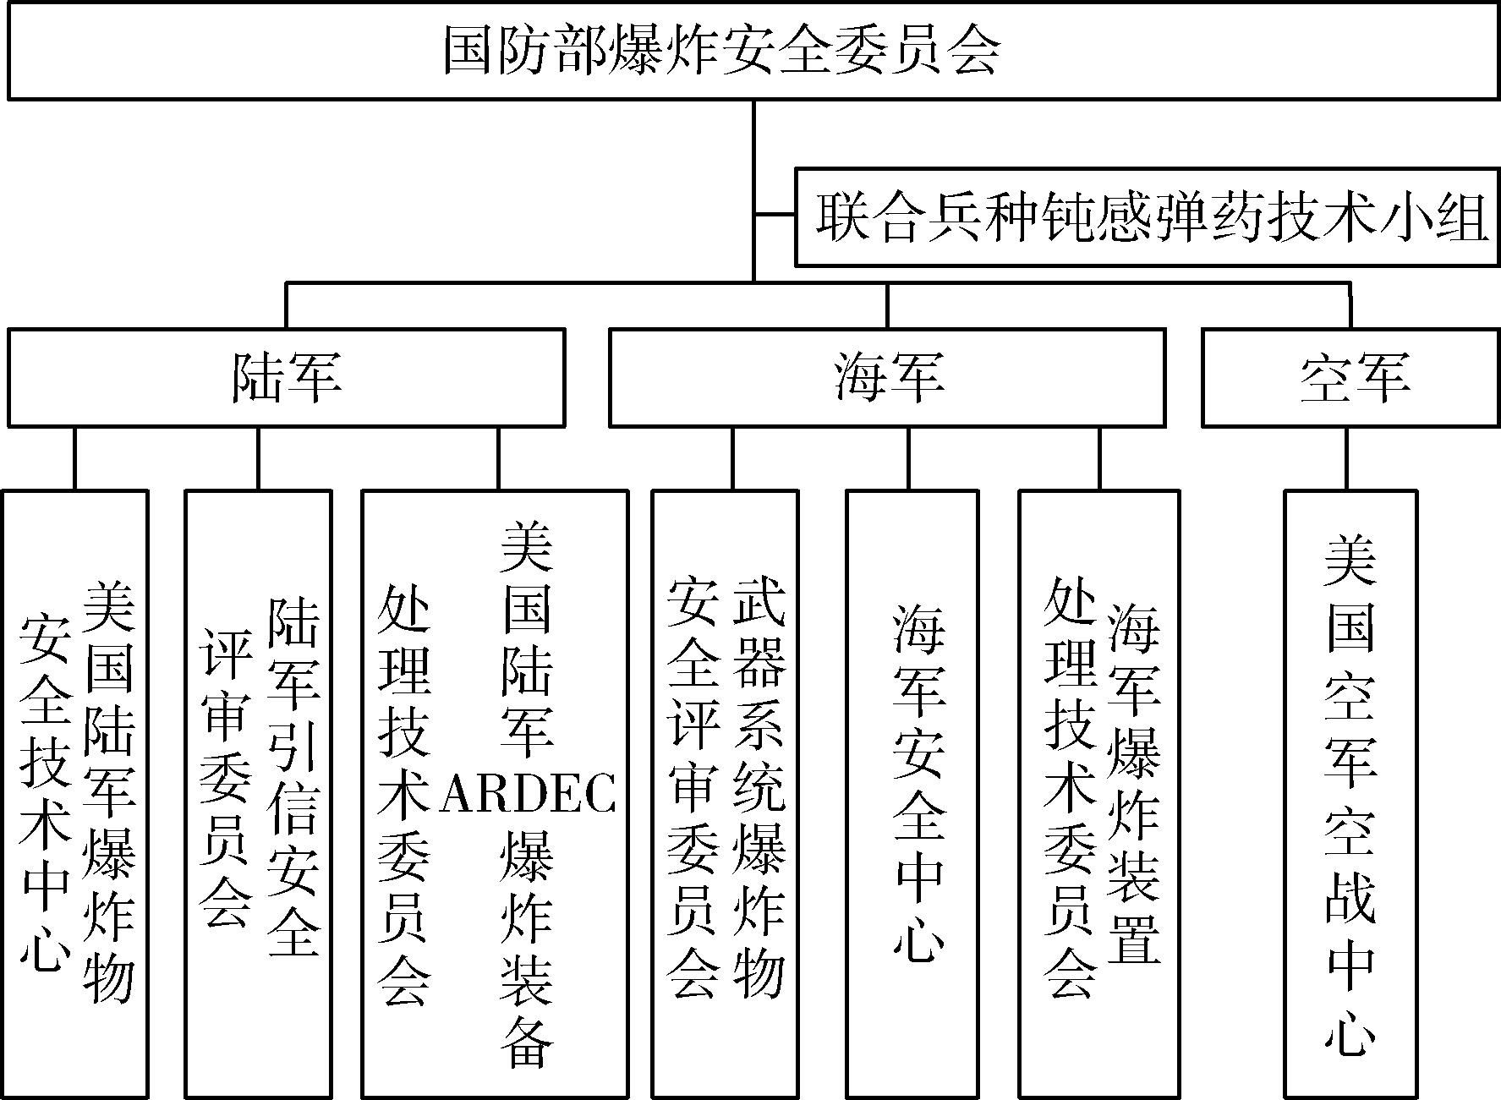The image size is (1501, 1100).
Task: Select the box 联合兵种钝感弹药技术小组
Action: click(1148, 216)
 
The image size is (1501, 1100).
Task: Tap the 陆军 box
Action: click(286, 377)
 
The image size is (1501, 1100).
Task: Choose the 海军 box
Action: click(887, 377)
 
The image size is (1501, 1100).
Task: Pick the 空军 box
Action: click(1350, 377)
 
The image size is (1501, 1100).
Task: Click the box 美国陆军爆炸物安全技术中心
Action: click(75, 794)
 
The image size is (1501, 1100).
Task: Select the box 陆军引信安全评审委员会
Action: click(258, 794)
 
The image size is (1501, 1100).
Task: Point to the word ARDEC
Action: click(528, 793)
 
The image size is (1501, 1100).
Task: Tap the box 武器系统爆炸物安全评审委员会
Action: click(725, 794)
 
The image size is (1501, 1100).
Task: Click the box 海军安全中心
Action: click(912, 794)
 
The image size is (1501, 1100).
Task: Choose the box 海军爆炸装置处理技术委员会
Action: click(1098, 794)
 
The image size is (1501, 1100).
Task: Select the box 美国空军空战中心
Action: click(1350, 794)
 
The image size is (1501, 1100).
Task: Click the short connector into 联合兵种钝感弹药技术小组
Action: click(774, 216)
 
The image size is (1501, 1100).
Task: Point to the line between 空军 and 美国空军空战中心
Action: click(1347, 458)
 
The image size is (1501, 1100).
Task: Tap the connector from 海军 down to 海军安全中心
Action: click(909, 458)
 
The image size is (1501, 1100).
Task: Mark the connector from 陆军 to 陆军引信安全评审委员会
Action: click(259, 458)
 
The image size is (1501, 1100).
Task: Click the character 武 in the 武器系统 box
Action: click(759, 603)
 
